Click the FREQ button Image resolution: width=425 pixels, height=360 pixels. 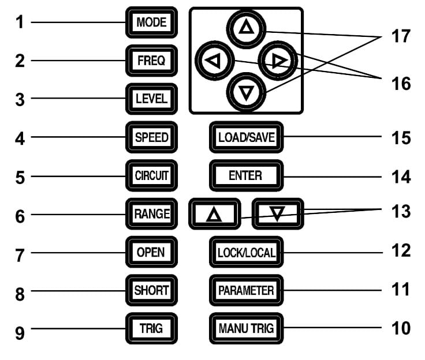tap(151, 60)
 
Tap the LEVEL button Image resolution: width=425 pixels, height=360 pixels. tap(151, 98)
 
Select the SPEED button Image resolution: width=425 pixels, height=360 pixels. tap(151, 137)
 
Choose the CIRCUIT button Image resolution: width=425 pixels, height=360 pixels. tap(151, 175)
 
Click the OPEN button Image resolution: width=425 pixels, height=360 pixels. tap(151, 252)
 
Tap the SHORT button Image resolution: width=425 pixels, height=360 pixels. tap(151, 290)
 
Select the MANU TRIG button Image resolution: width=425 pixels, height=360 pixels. tap(245, 329)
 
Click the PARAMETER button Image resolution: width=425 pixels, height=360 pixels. tap(245, 290)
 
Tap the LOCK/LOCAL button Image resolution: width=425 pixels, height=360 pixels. tap(245, 252)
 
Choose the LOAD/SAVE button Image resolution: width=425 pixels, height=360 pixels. tap(245, 137)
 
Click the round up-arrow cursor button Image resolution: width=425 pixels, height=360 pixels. tap(246, 28)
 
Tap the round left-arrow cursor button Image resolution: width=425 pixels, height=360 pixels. tap(215, 61)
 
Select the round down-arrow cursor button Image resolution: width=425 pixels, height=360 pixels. tap(246, 92)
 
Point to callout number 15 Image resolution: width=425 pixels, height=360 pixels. tap(399, 138)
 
